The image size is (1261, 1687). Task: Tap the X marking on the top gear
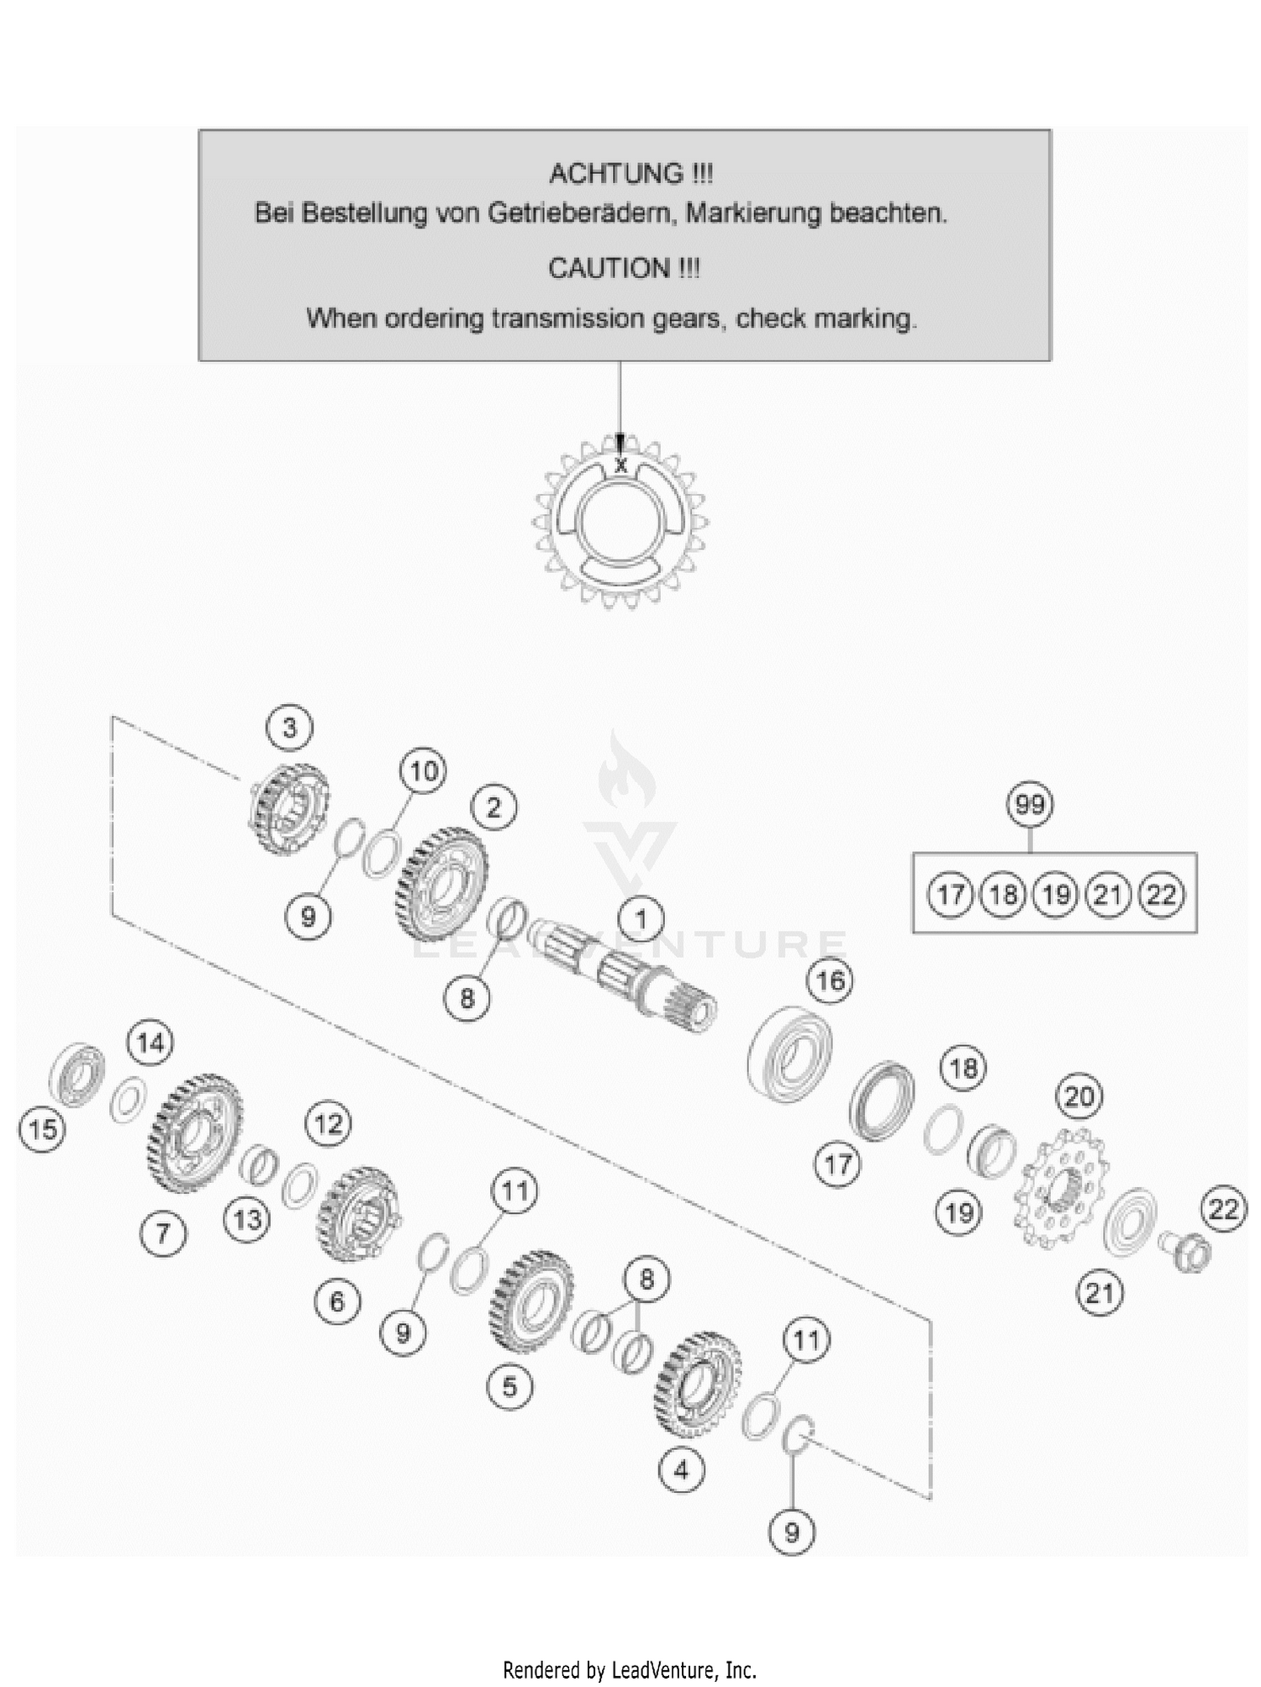[x=620, y=465]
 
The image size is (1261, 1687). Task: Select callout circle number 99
[x=1030, y=805]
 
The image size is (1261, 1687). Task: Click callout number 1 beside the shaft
[x=641, y=918]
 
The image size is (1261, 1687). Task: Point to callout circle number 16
[x=830, y=980]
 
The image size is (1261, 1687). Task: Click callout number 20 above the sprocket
[x=1079, y=1096]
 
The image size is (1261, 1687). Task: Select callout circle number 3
[x=290, y=728]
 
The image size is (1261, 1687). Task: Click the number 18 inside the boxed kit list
[x=1003, y=894]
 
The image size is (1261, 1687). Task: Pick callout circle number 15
[x=42, y=1129]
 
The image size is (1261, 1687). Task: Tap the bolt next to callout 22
[x=1185, y=1251]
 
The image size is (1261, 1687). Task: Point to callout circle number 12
[x=328, y=1123]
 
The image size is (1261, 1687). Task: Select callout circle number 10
[x=423, y=770]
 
